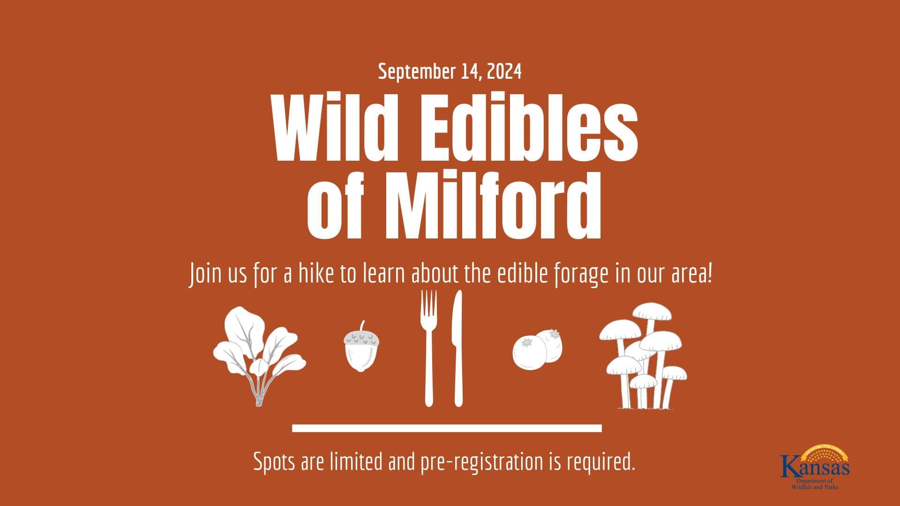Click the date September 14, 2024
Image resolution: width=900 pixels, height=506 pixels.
point(450,72)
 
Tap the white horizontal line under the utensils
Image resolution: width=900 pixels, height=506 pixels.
point(447,428)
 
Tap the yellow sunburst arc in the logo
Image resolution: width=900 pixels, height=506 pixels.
point(825,453)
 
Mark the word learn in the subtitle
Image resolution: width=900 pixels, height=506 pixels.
point(384,274)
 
